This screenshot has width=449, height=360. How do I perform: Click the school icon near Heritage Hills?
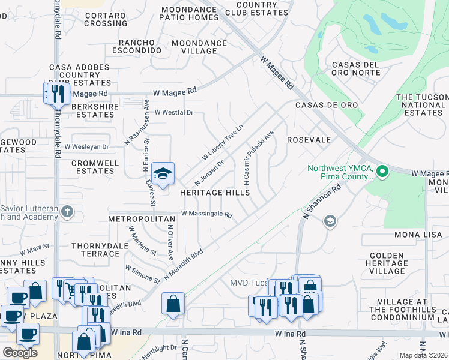coord(162,174)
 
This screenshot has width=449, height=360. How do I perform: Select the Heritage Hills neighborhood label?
coord(215,193)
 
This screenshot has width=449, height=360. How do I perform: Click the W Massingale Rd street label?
coord(206,214)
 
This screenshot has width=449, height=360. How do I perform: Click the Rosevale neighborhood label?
coord(309,140)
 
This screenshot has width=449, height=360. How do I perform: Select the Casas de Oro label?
coord(326,105)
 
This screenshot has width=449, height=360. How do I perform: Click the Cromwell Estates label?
coord(92,167)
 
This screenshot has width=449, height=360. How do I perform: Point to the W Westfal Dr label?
coord(174,112)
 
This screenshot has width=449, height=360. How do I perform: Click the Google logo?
coord(20,353)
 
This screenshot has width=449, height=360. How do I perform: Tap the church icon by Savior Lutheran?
coord(67,211)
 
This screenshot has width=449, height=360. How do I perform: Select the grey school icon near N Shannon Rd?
coord(329,222)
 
